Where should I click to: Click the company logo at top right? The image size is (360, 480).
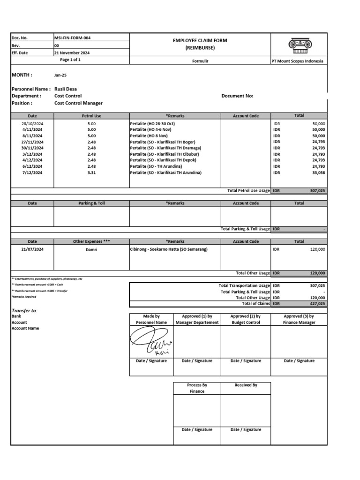299,45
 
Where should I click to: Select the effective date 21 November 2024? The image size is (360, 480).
72,53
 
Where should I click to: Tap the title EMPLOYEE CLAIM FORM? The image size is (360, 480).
200,41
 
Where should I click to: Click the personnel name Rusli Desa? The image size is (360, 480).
66,89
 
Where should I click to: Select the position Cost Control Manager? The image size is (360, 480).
78,103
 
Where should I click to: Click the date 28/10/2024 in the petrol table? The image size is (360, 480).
32,123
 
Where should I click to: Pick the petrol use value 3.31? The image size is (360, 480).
91,172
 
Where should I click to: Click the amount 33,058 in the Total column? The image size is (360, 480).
318,172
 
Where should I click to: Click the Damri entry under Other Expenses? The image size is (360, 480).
91,249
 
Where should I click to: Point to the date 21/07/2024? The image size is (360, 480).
32,249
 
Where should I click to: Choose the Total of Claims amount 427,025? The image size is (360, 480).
316,304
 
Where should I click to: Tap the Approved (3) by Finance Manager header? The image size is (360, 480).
299,319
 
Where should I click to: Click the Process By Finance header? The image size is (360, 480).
197,388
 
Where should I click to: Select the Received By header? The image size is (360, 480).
246,385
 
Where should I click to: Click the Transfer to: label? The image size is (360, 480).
24,311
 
